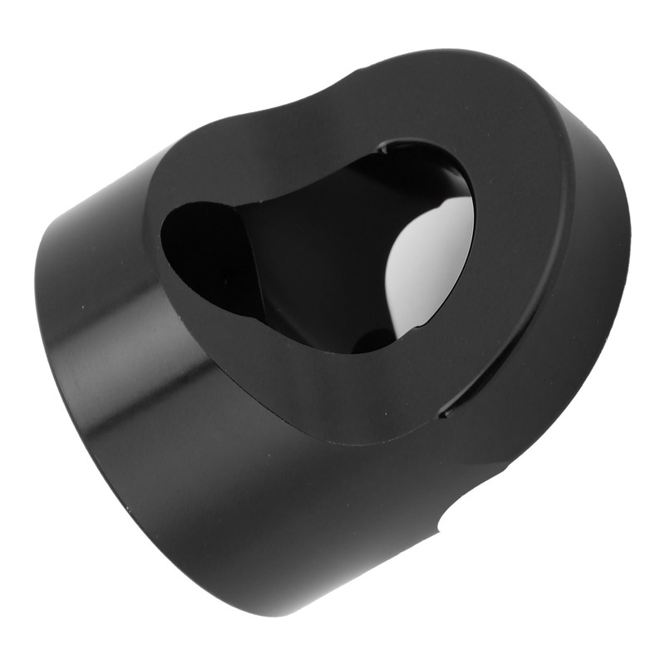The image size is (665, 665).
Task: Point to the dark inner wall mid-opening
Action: [324, 249]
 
